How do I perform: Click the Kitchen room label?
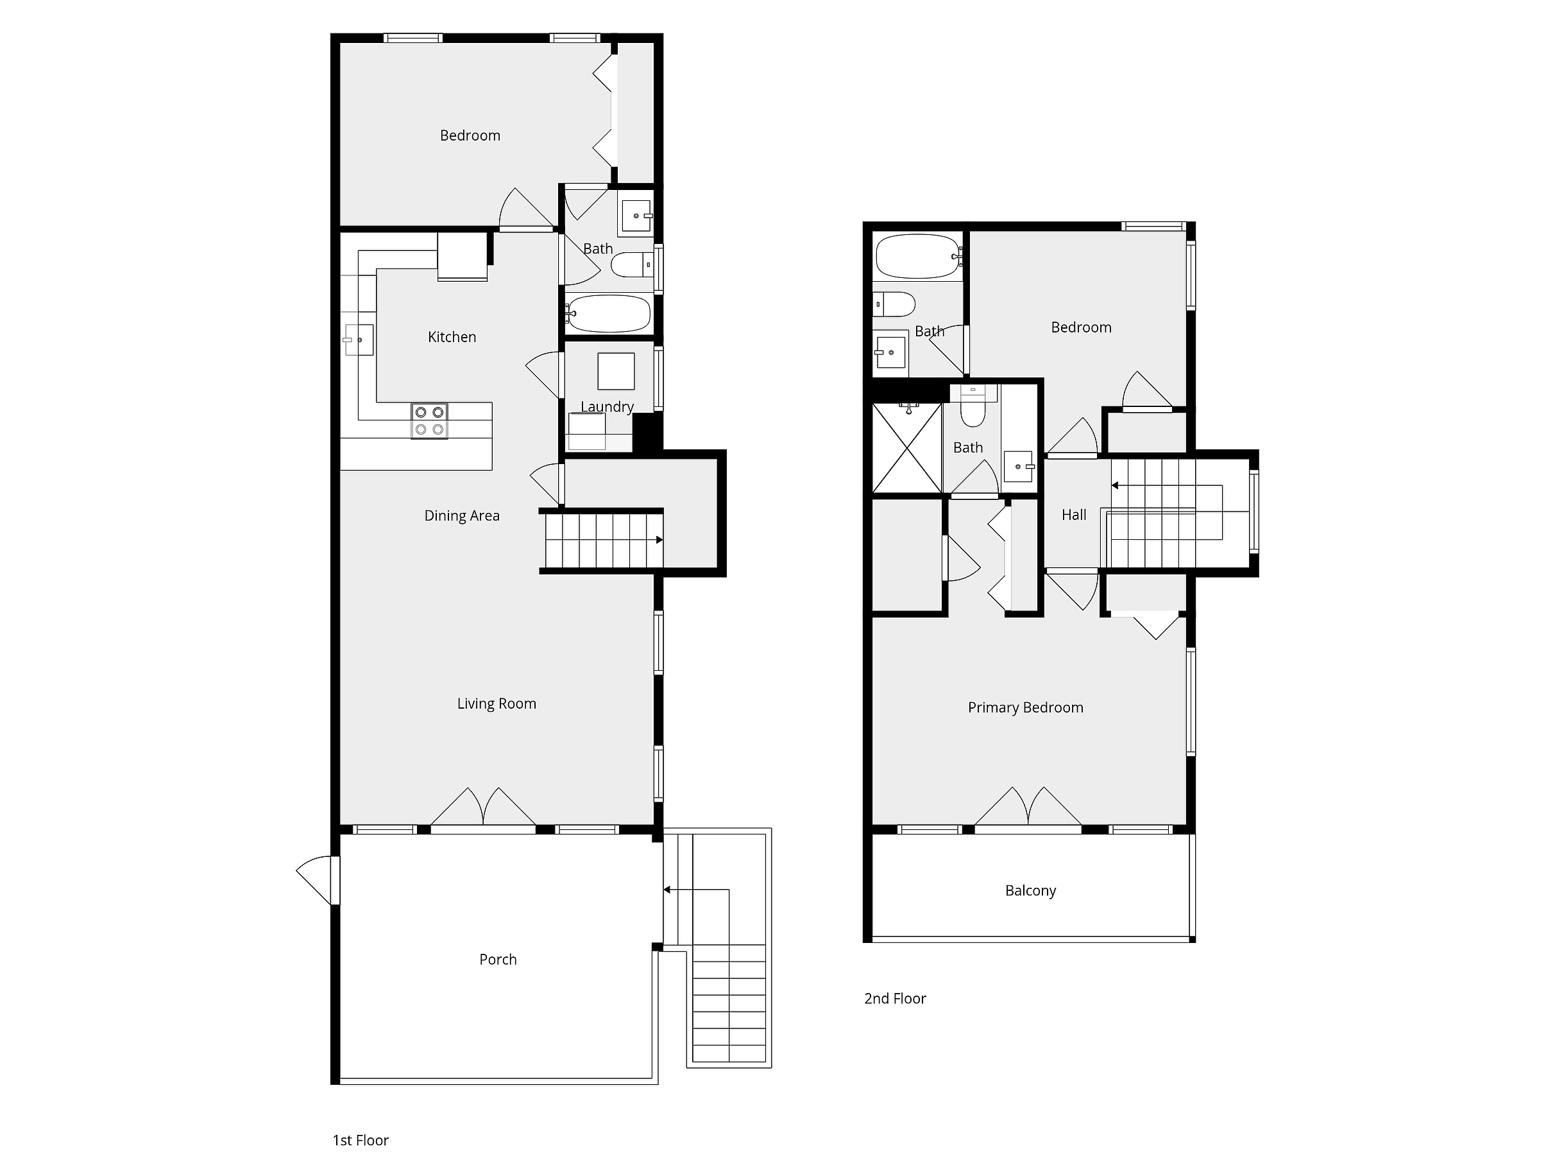[x=452, y=337]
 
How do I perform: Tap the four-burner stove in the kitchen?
[x=430, y=420]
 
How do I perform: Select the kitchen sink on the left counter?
[x=359, y=340]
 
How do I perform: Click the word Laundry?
[x=607, y=406]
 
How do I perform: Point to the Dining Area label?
[x=462, y=515]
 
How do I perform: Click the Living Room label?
[x=497, y=704]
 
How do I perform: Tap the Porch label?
[x=498, y=960]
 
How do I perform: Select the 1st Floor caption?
[x=361, y=1140]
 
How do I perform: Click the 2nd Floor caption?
[x=895, y=998]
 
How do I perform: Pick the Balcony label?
[x=1031, y=890]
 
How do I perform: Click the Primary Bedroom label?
[x=1026, y=707]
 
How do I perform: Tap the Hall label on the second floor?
[x=1074, y=515]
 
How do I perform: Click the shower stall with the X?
[x=907, y=448]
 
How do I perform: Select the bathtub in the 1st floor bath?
[x=609, y=314]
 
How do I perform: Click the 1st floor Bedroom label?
[x=470, y=135]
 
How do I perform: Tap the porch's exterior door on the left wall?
[x=318, y=880]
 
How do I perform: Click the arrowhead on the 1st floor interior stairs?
[x=659, y=540]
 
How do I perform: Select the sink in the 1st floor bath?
[x=636, y=216]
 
